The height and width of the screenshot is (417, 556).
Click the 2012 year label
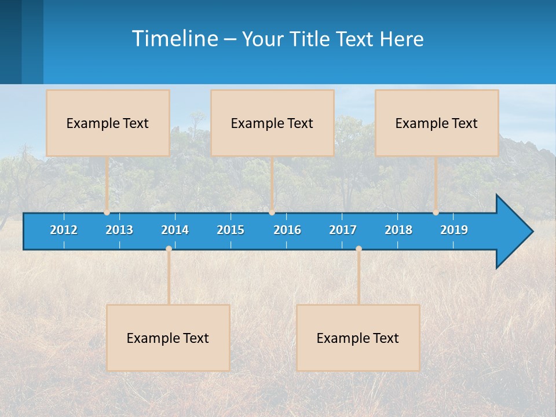(64, 230)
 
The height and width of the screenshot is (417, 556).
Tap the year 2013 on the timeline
(119, 230)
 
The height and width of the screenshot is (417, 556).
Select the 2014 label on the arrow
(175, 230)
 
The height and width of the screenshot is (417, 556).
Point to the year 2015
(231, 230)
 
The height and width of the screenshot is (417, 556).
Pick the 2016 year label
(287, 230)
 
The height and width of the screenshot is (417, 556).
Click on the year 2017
(343, 230)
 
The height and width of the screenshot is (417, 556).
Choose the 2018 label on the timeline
(398, 230)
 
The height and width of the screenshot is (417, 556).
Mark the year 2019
(454, 230)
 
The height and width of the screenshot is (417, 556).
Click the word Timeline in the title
(174, 39)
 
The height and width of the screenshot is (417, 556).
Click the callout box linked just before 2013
(108, 123)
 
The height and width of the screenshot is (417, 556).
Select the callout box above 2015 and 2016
(272, 123)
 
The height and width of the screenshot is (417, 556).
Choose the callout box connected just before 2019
(437, 123)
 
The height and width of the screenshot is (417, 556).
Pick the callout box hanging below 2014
(168, 338)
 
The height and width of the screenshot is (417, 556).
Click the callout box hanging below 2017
(358, 338)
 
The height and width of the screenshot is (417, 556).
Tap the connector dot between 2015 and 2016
(272, 212)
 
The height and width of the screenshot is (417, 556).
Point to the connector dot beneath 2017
(359, 249)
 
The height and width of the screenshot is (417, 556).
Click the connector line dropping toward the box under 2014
(169, 278)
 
